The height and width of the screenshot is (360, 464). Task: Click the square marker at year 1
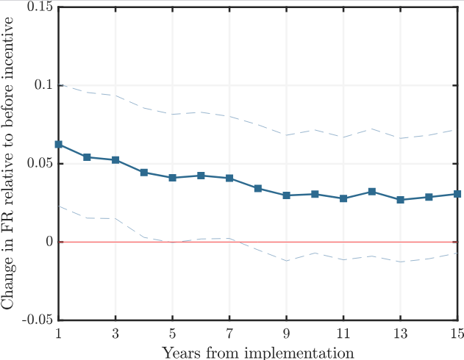pos(59,145)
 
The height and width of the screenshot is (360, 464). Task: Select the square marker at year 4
pos(144,173)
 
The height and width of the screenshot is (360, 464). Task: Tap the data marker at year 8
pos(258,189)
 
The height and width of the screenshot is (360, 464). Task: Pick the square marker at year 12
pos(372,192)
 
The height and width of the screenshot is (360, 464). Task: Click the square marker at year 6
pos(201,176)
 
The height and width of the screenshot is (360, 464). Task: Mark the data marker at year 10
pos(315,194)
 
